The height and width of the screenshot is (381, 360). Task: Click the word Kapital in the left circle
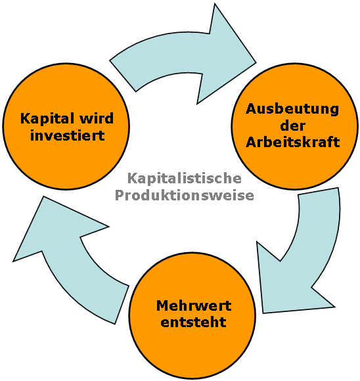pyautogui.click(x=47, y=119)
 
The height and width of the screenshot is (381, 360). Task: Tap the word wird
pyautogui.click(x=97, y=118)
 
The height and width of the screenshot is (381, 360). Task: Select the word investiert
pyautogui.click(x=68, y=135)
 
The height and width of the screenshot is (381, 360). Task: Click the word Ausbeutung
pyautogui.click(x=292, y=109)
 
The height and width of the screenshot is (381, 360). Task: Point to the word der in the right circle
pyautogui.click(x=293, y=125)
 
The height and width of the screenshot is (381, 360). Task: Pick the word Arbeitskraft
pyautogui.click(x=293, y=142)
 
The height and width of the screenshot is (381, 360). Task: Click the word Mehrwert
pyautogui.click(x=194, y=305)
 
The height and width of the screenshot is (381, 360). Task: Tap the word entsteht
pyautogui.click(x=194, y=322)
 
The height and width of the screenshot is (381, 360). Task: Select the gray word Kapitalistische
pyautogui.click(x=185, y=179)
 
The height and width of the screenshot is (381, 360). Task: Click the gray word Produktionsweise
pyautogui.click(x=185, y=195)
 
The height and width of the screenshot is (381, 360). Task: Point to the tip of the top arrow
pyautogui.click(x=256, y=62)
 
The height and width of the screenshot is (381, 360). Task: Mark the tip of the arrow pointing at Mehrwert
pyautogui.click(x=263, y=313)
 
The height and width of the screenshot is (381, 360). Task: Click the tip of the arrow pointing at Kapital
pyautogui.click(x=43, y=196)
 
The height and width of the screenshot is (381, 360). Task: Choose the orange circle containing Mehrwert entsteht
pyautogui.click(x=192, y=315)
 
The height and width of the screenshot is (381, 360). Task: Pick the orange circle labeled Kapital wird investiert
pyautogui.click(x=66, y=126)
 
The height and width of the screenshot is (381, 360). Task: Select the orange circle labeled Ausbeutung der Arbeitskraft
pyautogui.click(x=295, y=126)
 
